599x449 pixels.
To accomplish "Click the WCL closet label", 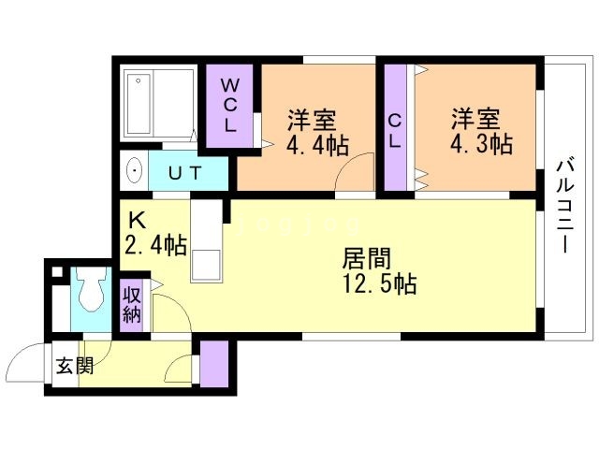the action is coord(229,105).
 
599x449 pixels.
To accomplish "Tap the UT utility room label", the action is coord(185,173).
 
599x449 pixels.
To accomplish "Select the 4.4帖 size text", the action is coord(317,145).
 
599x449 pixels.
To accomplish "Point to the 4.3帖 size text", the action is coord(481,144).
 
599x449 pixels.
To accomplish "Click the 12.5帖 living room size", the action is coord(380,283).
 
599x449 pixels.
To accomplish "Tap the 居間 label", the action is coord(366,258).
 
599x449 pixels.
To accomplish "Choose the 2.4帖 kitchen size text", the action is coord(156,245).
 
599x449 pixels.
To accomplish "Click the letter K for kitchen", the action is coord(137,220).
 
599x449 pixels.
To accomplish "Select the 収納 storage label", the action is coord(132,305).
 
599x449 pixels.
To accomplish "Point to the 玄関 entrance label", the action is coord(75,367).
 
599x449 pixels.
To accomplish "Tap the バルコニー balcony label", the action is coord(565,207).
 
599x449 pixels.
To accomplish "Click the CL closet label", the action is coord(395,132).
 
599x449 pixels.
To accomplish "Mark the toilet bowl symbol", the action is coord(91,289).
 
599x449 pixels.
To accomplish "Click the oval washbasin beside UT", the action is coord(134,170).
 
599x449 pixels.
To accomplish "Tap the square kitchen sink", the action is coord(206,266).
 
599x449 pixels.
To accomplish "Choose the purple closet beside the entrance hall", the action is coord(214,364).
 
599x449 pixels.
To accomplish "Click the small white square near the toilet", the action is coord(57,272).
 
